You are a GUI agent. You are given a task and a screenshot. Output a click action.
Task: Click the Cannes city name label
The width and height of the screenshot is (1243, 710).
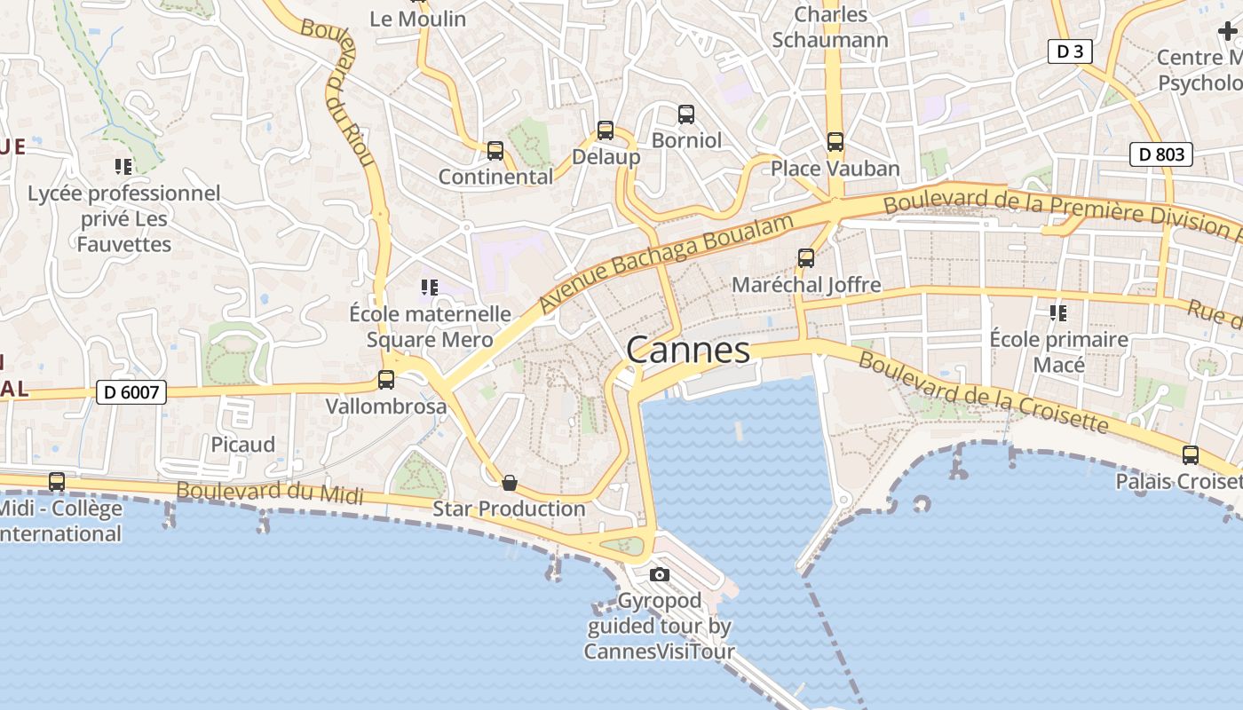pos(688,350)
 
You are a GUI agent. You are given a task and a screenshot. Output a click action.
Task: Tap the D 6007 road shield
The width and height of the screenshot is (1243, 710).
pos(131,391)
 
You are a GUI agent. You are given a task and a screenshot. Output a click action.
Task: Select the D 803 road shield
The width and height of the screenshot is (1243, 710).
pos(1161,154)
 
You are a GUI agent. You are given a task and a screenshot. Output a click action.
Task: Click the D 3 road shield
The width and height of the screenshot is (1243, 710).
pos(1070,51)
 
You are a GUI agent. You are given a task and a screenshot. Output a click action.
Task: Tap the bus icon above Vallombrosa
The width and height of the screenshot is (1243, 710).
pos(386,380)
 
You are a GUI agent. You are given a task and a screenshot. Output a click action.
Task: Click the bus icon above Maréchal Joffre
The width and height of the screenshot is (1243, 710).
pos(806,258)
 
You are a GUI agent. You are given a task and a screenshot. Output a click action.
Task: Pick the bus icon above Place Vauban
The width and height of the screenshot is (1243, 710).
pos(835,142)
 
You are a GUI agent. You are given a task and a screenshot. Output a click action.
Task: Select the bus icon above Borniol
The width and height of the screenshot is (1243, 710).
pos(686,114)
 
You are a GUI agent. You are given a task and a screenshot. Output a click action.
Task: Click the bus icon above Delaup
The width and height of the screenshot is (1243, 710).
pos(606,130)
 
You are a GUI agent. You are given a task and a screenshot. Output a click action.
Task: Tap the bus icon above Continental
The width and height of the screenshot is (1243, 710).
pos(495,151)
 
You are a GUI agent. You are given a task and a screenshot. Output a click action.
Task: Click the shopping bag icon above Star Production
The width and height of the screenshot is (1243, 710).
pos(510,483)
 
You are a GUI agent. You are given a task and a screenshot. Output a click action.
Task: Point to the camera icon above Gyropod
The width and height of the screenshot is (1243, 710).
pos(659,574)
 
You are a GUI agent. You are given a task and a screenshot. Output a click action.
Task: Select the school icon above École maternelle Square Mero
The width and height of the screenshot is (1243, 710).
pos(430,288)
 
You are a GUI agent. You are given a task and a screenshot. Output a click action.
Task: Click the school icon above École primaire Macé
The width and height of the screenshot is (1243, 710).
pos(1058,312)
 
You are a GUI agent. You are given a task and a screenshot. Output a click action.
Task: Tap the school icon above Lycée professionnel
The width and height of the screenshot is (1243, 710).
pos(123,166)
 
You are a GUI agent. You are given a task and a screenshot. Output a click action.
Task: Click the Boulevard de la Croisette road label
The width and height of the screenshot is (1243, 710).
pos(984,393)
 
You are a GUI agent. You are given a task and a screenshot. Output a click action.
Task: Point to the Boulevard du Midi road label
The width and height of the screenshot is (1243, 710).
pos(270,493)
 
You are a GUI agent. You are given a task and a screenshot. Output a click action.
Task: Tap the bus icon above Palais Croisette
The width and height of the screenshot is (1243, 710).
pos(1191,455)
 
